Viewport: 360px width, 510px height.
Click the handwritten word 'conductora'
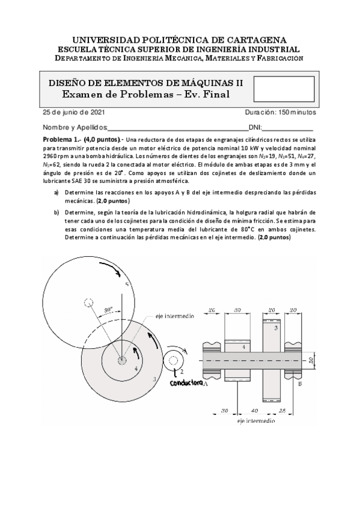pos(186,383)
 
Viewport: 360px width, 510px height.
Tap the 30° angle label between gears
pos(108,310)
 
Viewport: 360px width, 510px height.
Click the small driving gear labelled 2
pos(173,360)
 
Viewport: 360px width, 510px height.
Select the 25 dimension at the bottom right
pos(282,411)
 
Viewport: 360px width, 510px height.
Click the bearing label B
pos(300,384)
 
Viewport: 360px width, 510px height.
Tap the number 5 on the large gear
pos(127,285)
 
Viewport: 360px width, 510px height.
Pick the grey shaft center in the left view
pos(122,361)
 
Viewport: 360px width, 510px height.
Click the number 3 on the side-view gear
pos(276,328)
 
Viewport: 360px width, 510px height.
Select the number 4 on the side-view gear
pos(243,347)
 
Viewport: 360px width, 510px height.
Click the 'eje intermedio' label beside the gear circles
pos(174,316)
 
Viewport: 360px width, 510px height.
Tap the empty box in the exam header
pos(284,89)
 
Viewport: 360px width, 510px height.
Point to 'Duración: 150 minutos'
pos(281,112)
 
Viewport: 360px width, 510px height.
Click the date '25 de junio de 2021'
pos(74,112)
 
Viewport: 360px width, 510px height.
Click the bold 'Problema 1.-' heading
pos(62,140)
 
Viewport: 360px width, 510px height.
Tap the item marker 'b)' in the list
pos(56,213)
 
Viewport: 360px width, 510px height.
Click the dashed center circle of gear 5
pos(89,303)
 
